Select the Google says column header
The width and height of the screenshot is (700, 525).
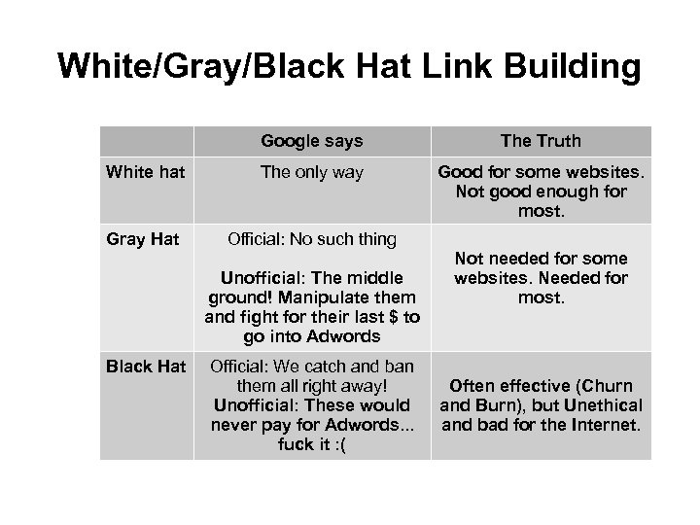click(311, 141)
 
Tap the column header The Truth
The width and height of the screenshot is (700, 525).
click(541, 141)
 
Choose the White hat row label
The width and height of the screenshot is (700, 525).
click(144, 172)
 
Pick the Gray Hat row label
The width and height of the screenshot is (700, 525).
click(143, 239)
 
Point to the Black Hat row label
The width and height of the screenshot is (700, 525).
click(146, 366)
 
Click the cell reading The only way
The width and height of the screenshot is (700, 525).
click(311, 172)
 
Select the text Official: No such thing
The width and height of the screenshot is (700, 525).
click(311, 239)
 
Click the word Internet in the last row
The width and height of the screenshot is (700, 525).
click(609, 425)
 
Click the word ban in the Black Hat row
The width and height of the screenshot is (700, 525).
click(400, 366)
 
